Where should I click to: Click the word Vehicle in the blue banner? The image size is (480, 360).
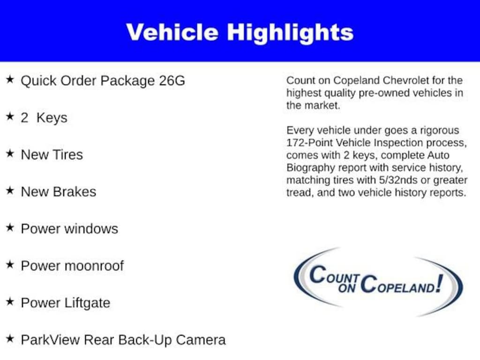coord(172,32)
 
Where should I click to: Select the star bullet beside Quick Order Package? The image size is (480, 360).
coord(10,80)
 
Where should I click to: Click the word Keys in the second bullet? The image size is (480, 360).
coord(52,118)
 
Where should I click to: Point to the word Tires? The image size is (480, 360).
coord(67,155)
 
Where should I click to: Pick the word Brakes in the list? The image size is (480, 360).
coord(75,192)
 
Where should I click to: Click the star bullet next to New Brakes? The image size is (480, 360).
coord(10,190)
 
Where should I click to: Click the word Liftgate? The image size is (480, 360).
coord(87,303)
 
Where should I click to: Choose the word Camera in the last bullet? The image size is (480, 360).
coord(201,340)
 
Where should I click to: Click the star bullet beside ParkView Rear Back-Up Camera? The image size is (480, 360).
coord(10,338)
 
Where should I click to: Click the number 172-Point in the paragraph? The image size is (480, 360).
coord(309,142)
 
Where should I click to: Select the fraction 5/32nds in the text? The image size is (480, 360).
coord(398,180)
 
